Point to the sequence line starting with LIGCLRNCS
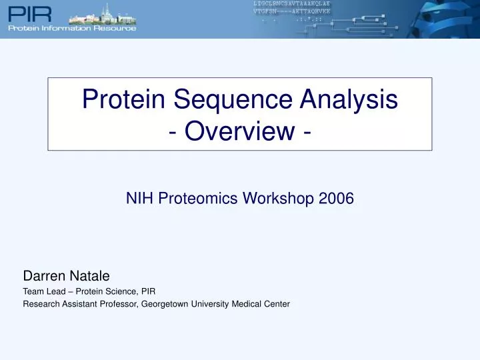(292, 4)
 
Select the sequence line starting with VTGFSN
(292, 13)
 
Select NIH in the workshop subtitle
(137, 199)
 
